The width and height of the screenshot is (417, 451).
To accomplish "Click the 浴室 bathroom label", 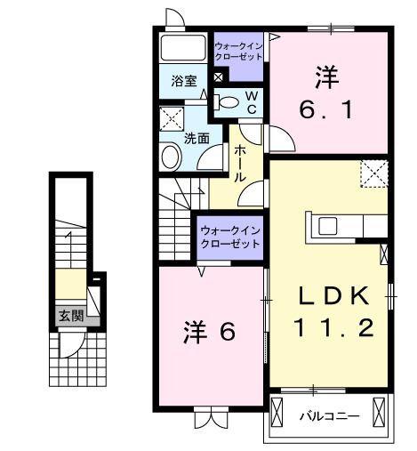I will coord(184,80).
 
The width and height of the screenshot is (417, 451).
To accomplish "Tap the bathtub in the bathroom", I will coord(185,50).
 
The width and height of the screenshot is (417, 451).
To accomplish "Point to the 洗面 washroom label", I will coord(196,138).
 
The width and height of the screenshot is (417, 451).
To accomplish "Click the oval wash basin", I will coord(171,157).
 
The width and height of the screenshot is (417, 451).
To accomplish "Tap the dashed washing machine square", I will coord(170,118).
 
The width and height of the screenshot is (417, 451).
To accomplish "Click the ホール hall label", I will coord(240,164).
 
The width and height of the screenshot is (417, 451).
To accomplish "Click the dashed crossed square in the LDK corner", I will coord(374,172).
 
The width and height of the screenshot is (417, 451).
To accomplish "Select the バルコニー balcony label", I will coord(328,415).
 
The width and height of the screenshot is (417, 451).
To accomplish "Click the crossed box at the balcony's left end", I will coord(279,414).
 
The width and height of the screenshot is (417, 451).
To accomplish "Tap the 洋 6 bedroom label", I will coord(211,332).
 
